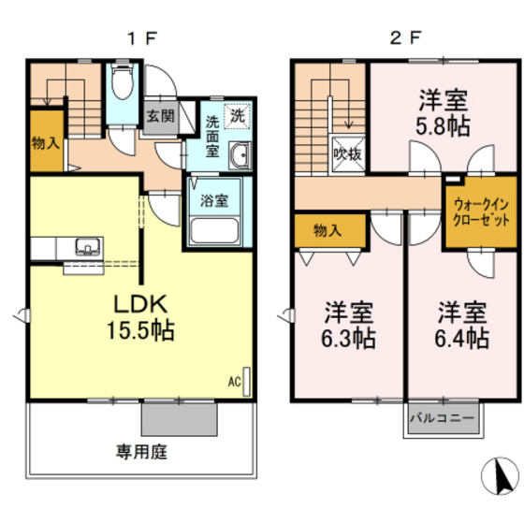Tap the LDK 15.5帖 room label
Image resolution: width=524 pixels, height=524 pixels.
(140, 316)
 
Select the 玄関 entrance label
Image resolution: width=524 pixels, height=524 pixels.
(160, 116)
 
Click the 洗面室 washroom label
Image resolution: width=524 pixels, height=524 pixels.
(212, 134)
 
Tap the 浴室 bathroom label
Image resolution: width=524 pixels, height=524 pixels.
(213, 199)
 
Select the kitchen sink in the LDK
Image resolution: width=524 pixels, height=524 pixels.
(87, 248)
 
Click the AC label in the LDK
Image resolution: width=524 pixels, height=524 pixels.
(234, 382)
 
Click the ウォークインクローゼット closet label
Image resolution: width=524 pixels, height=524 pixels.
(481, 212)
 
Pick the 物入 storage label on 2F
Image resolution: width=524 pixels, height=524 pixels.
(326, 230)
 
